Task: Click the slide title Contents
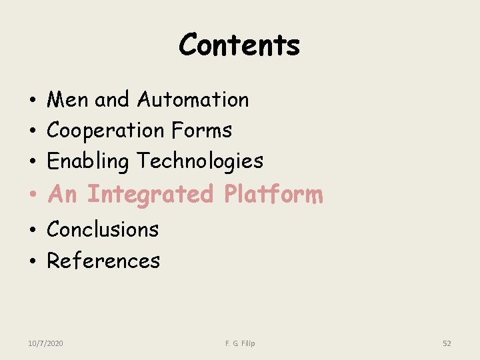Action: [x=239, y=45]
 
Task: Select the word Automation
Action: [x=193, y=100]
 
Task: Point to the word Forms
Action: [x=201, y=131]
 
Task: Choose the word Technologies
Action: [x=200, y=161]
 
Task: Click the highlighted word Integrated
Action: [x=150, y=194]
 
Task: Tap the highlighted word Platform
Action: [x=273, y=194]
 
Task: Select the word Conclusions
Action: [x=103, y=229]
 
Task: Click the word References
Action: [x=103, y=261]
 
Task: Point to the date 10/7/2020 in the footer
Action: [x=46, y=343]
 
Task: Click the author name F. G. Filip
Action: [x=240, y=343]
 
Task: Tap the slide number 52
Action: [x=447, y=343]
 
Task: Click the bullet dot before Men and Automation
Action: [x=32, y=101]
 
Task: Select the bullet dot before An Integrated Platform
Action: [x=32, y=195]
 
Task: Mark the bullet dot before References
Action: [x=32, y=261]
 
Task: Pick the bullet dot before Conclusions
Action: [x=32, y=230]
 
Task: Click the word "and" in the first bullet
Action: [x=112, y=100]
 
